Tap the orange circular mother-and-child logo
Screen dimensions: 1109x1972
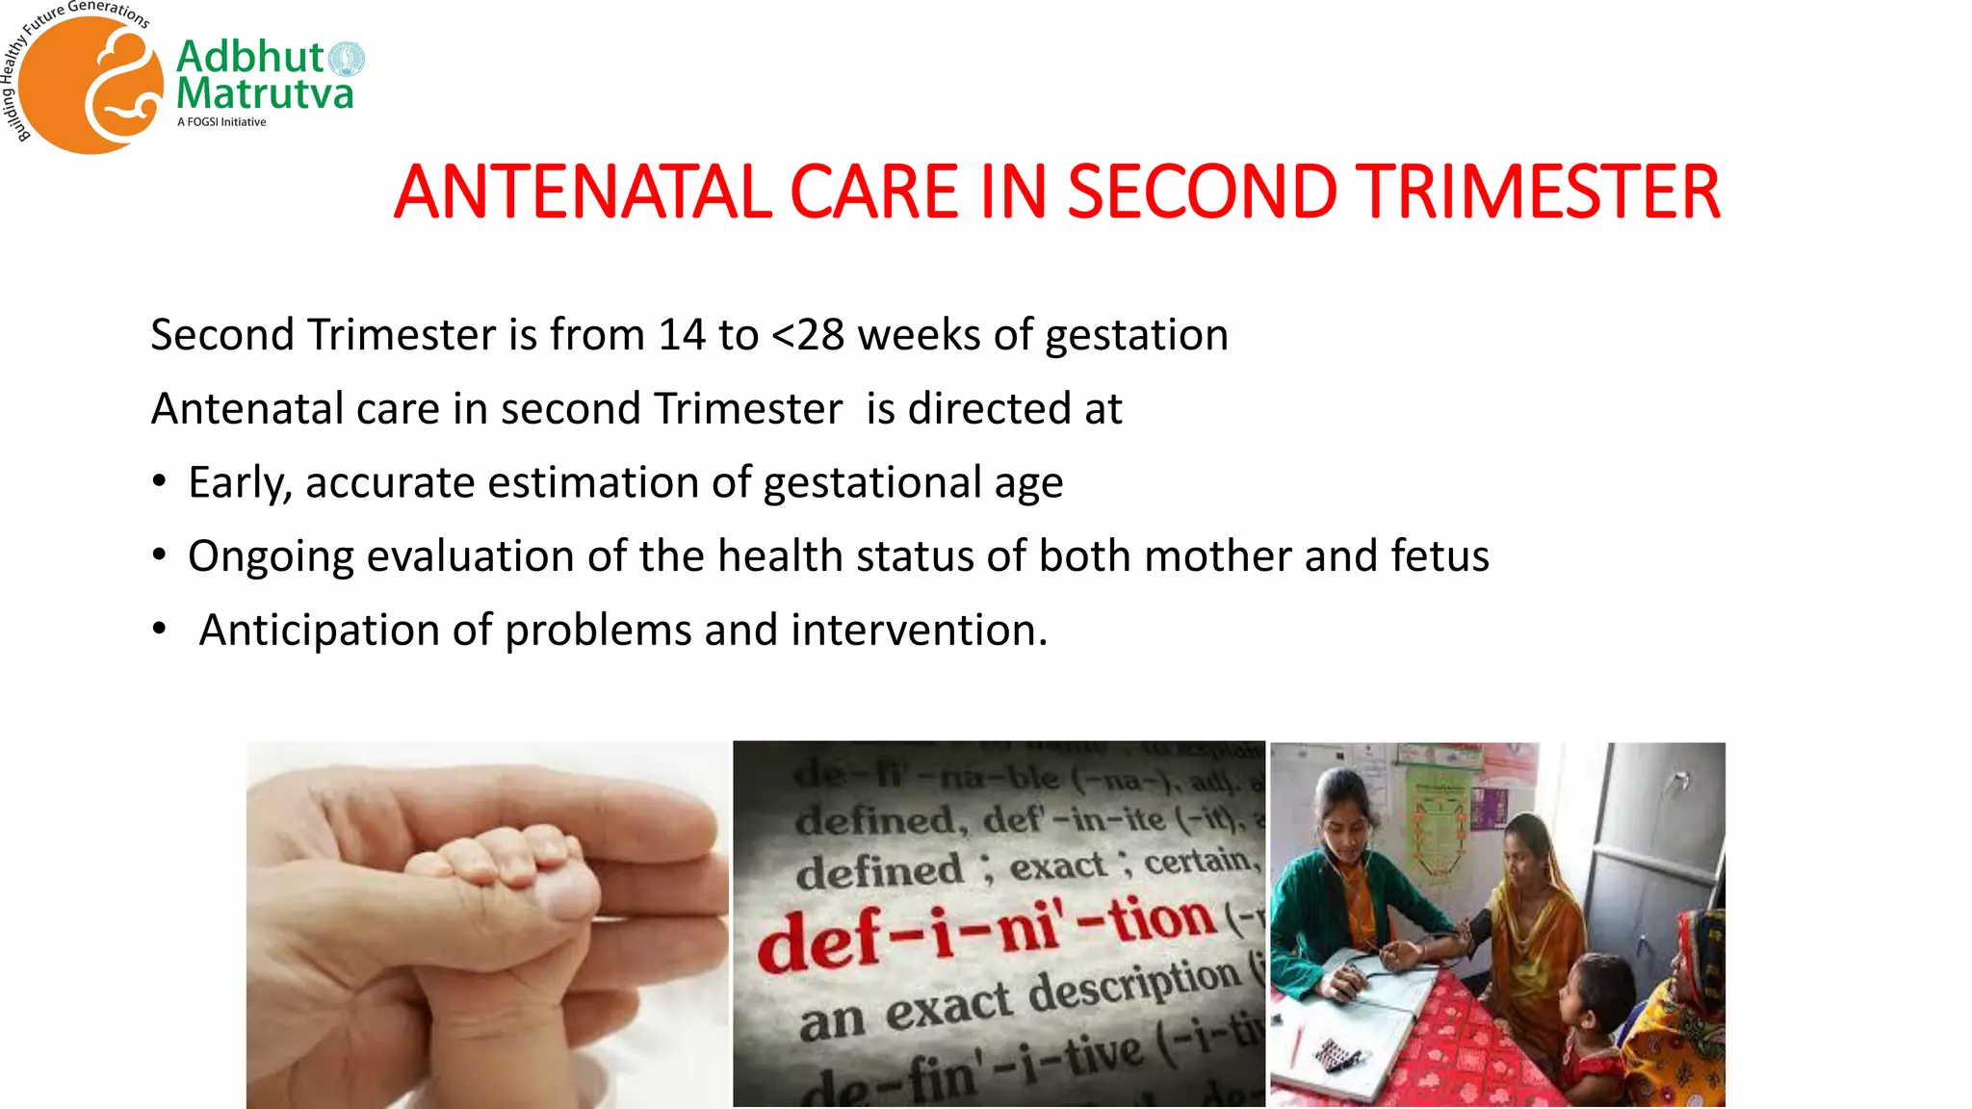(91, 86)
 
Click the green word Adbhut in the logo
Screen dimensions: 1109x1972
(249, 57)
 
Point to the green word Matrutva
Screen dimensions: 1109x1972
(265, 93)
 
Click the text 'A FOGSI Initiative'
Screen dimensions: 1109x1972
(221, 122)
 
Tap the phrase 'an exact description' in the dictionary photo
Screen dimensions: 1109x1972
(1021, 1001)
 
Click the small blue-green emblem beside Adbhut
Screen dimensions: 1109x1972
(346, 59)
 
